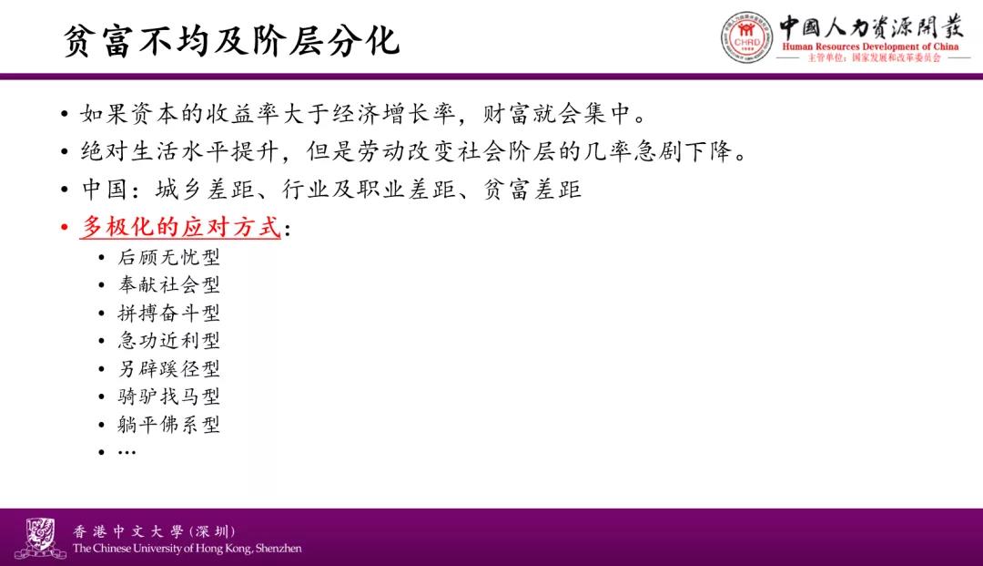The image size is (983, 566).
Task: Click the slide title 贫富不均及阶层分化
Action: pyautogui.click(x=231, y=41)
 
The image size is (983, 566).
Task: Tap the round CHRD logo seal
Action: pyautogui.click(x=746, y=37)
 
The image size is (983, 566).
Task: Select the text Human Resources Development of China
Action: pyautogui.click(x=870, y=46)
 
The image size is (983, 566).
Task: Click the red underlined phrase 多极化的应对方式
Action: pyautogui.click(x=180, y=227)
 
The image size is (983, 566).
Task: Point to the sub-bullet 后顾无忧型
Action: pyautogui.click(x=168, y=257)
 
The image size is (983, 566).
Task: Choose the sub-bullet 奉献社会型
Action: pyautogui.click(x=168, y=285)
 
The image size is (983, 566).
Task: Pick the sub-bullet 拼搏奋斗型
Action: pyautogui.click(x=168, y=313)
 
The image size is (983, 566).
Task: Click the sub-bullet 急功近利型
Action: pyautogui.click(x=168, y=341)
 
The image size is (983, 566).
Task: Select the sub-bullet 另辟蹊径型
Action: pyautogui.click(x=168, y=368)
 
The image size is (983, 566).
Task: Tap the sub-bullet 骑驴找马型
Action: pyautogui.click(x=168, y=396)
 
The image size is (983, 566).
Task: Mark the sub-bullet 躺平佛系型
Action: pyautogui.click(x=168, y=425)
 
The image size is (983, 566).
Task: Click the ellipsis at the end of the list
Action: pyautogui.click(x=127, y=452)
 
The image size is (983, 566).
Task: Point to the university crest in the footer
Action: pyautogui.click(x=40, y=538)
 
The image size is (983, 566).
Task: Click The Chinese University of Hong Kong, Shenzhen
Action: pyautogui.click(x=187, y=549)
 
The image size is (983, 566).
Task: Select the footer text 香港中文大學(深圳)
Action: pyautogui.click(x=154, y=531)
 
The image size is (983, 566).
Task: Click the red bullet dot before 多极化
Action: pyautogui.click(x=65, y=227)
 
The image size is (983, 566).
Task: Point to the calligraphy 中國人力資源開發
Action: pyautogui.click(x=871, y=26)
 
